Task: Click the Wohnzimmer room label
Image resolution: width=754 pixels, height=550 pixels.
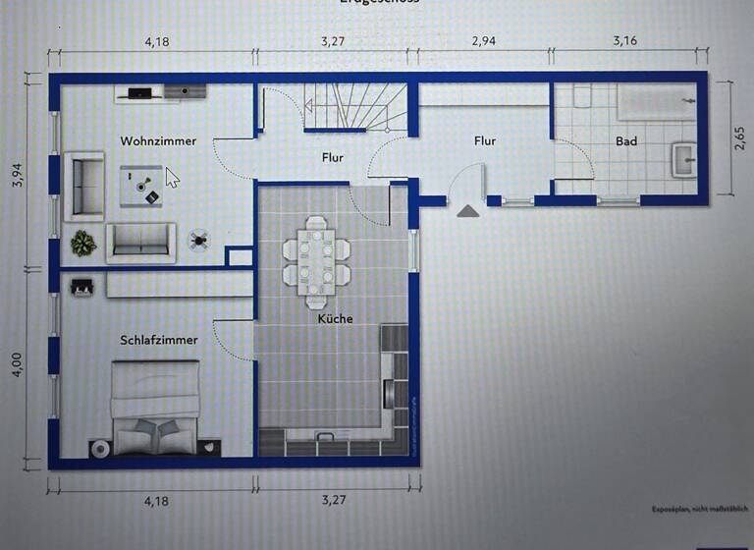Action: pyautogui.click(x=158, y=141)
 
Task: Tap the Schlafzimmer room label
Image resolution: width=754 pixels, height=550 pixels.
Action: pyautogui.click(x=158, y=340)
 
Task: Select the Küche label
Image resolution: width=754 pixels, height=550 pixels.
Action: pyautogui.click(x=335, y=318)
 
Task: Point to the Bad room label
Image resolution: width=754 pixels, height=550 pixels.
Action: pyautogui.click(x=626, y=141)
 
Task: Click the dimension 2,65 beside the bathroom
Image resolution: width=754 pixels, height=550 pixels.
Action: pyautogui.click(x=738, y=138)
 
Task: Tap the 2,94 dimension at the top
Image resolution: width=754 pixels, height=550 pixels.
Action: pyautogui.click(x=484, y=42)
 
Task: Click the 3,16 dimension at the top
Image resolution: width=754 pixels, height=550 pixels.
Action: pyautogui.click(x=625, y=42)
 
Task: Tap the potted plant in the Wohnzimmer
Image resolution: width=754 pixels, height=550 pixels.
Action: pyautogui.click(x=83, y=242)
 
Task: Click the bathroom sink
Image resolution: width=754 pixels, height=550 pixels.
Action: pyautogui.click(x=683, y=157)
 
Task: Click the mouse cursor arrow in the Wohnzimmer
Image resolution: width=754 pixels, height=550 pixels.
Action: pyautogui.click(x=172, y=178)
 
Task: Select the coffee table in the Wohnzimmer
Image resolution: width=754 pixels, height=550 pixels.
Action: pyautogui.click(x=141, y=185)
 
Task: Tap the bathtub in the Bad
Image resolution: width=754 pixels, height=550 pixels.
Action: pyautogui.click(x=655, y=101)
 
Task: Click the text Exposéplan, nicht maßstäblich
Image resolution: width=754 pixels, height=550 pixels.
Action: pyautogui.click(x=697, y=510)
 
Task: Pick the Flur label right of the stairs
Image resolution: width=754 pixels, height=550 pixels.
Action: pyautogui.click(x=485, y=141)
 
